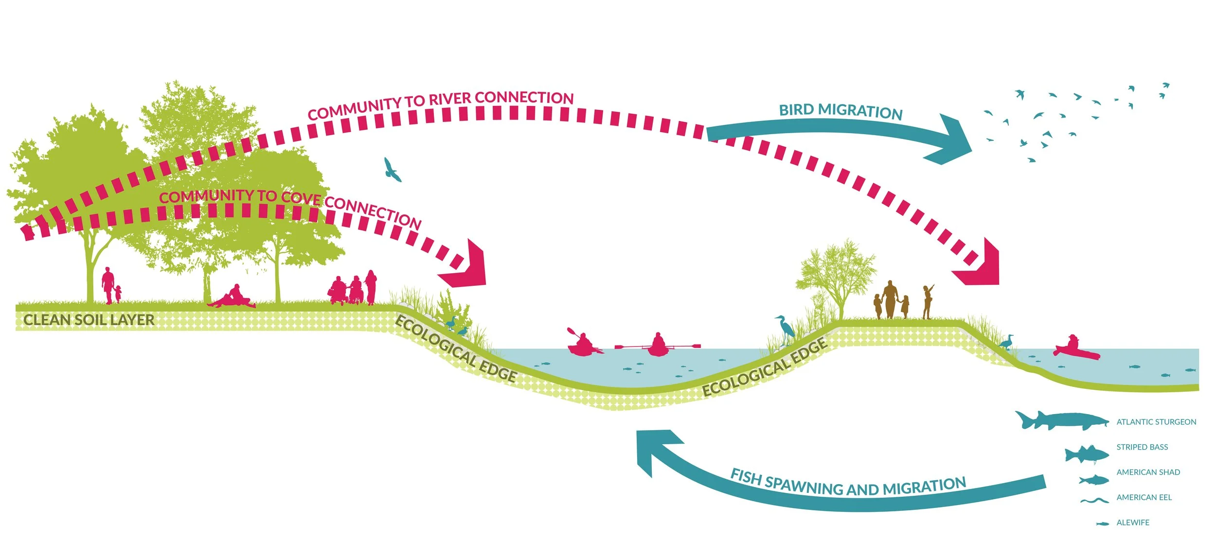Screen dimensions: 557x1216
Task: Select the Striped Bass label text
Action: click(x=1142, y=447)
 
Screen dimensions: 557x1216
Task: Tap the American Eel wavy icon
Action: click(x=1094, y=500)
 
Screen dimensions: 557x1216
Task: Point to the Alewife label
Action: click(x=1133, y=522)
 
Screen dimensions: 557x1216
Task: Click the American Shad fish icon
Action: click(x=1094, y=480)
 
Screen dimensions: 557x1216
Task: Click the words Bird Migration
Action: click(x=840, y=111)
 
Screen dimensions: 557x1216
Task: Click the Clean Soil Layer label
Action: click(x=89, y=320)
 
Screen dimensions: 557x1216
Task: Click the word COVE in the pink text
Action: click(x=301, y=198)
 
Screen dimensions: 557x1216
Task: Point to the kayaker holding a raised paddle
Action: click(x=582, y=344)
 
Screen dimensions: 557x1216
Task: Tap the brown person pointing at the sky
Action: click(x=928, y=301)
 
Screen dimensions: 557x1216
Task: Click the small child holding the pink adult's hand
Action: click(x=118, y=294)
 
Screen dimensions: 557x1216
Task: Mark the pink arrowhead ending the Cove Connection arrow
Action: click(x=465, y=266)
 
